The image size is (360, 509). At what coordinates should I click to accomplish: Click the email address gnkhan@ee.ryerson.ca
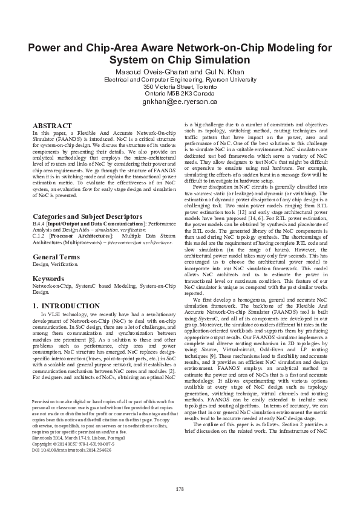180,102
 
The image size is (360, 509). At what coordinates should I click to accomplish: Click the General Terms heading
56,257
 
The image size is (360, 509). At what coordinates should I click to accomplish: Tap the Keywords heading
48,279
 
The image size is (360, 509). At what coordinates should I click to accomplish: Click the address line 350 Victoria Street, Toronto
180,86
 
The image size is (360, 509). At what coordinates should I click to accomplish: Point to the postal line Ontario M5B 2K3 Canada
180,94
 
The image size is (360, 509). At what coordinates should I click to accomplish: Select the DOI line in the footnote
72,451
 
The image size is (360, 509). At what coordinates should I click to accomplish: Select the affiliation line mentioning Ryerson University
180,79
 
